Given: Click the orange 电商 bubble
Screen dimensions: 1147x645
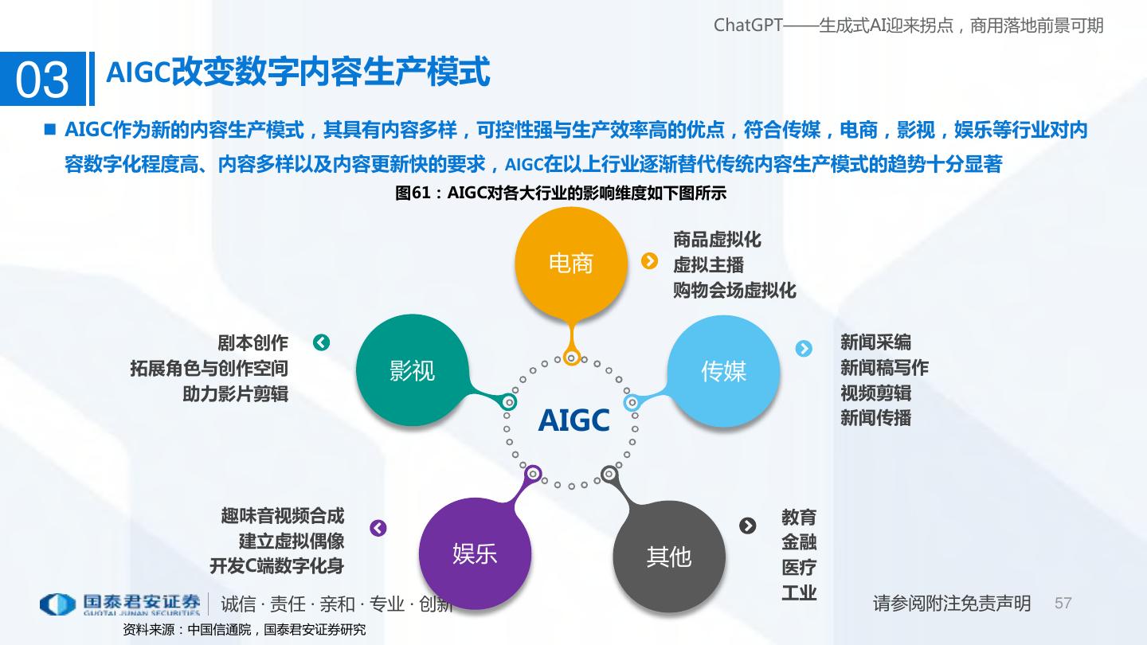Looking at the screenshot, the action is pyautogui.click(x=570, y=263).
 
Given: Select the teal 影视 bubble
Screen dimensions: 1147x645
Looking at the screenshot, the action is pyautogui.click(x=412, y=370).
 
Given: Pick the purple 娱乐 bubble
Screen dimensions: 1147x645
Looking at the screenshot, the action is pyautogui.click(x=475, y=553).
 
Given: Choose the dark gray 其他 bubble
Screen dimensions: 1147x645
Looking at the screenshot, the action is pyautogui.click(x=668, y=557).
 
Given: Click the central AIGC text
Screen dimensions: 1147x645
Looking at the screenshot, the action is pyautogui.click(x=573, y=420).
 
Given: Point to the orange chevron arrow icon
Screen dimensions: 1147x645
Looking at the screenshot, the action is pyautogui.click(x=650, y=261).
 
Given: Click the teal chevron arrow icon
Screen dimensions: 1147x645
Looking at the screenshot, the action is pyautogui.click(x=321, y=342).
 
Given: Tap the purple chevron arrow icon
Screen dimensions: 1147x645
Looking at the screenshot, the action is pyautogui.click(x=378, y=528).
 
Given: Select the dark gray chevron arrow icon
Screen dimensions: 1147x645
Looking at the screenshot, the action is pyautogui.click(x=747, y=526).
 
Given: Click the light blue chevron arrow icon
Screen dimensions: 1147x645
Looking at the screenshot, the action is pyautogui.click(x=804, y=349).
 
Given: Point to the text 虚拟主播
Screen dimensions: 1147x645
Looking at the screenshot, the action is pyautogui.click(x=708, y=265).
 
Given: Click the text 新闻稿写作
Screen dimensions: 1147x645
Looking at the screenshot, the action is pyautogui.click(x=884, y=368).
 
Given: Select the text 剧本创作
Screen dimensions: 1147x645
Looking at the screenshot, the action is pyautogui.click(x=252, y=343).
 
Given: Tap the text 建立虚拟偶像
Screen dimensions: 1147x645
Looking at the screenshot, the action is pyautogui.click(x=292, y=541).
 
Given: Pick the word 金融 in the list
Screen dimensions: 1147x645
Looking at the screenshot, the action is pyautogui.click(x=799, y=543).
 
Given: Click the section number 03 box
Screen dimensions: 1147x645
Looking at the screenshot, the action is pyautogui.click(x=42, y=80).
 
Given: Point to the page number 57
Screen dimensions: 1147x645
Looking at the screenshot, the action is pyautogui.click(x=1063, y=604).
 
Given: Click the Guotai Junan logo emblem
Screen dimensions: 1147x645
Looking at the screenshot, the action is pyautogui.click(x=57, y=604).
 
